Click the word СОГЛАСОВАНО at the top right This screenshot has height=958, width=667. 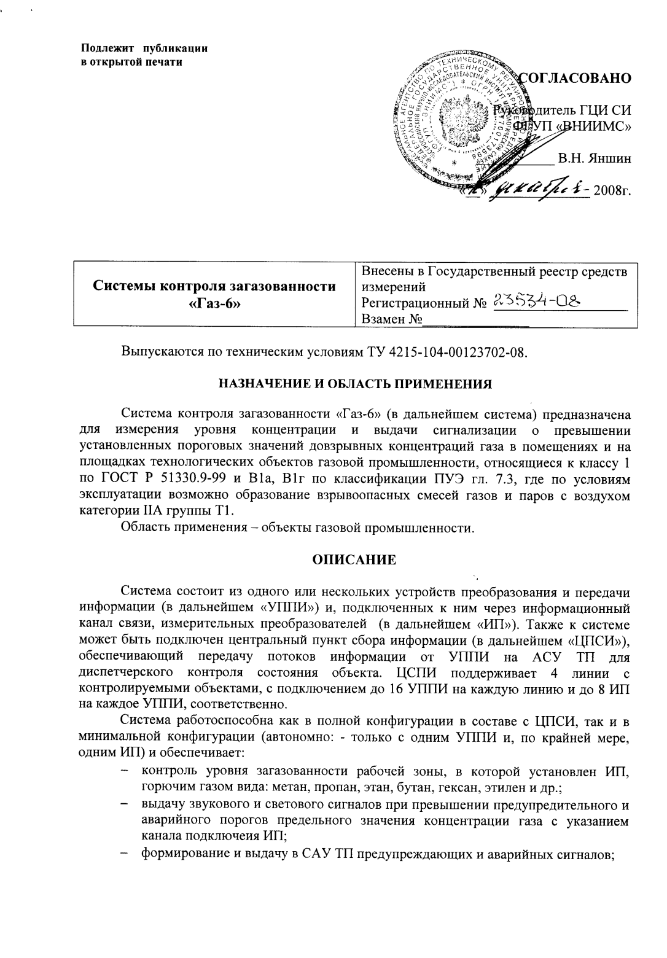click(576, 78)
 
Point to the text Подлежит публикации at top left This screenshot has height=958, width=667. click(145, 49)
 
